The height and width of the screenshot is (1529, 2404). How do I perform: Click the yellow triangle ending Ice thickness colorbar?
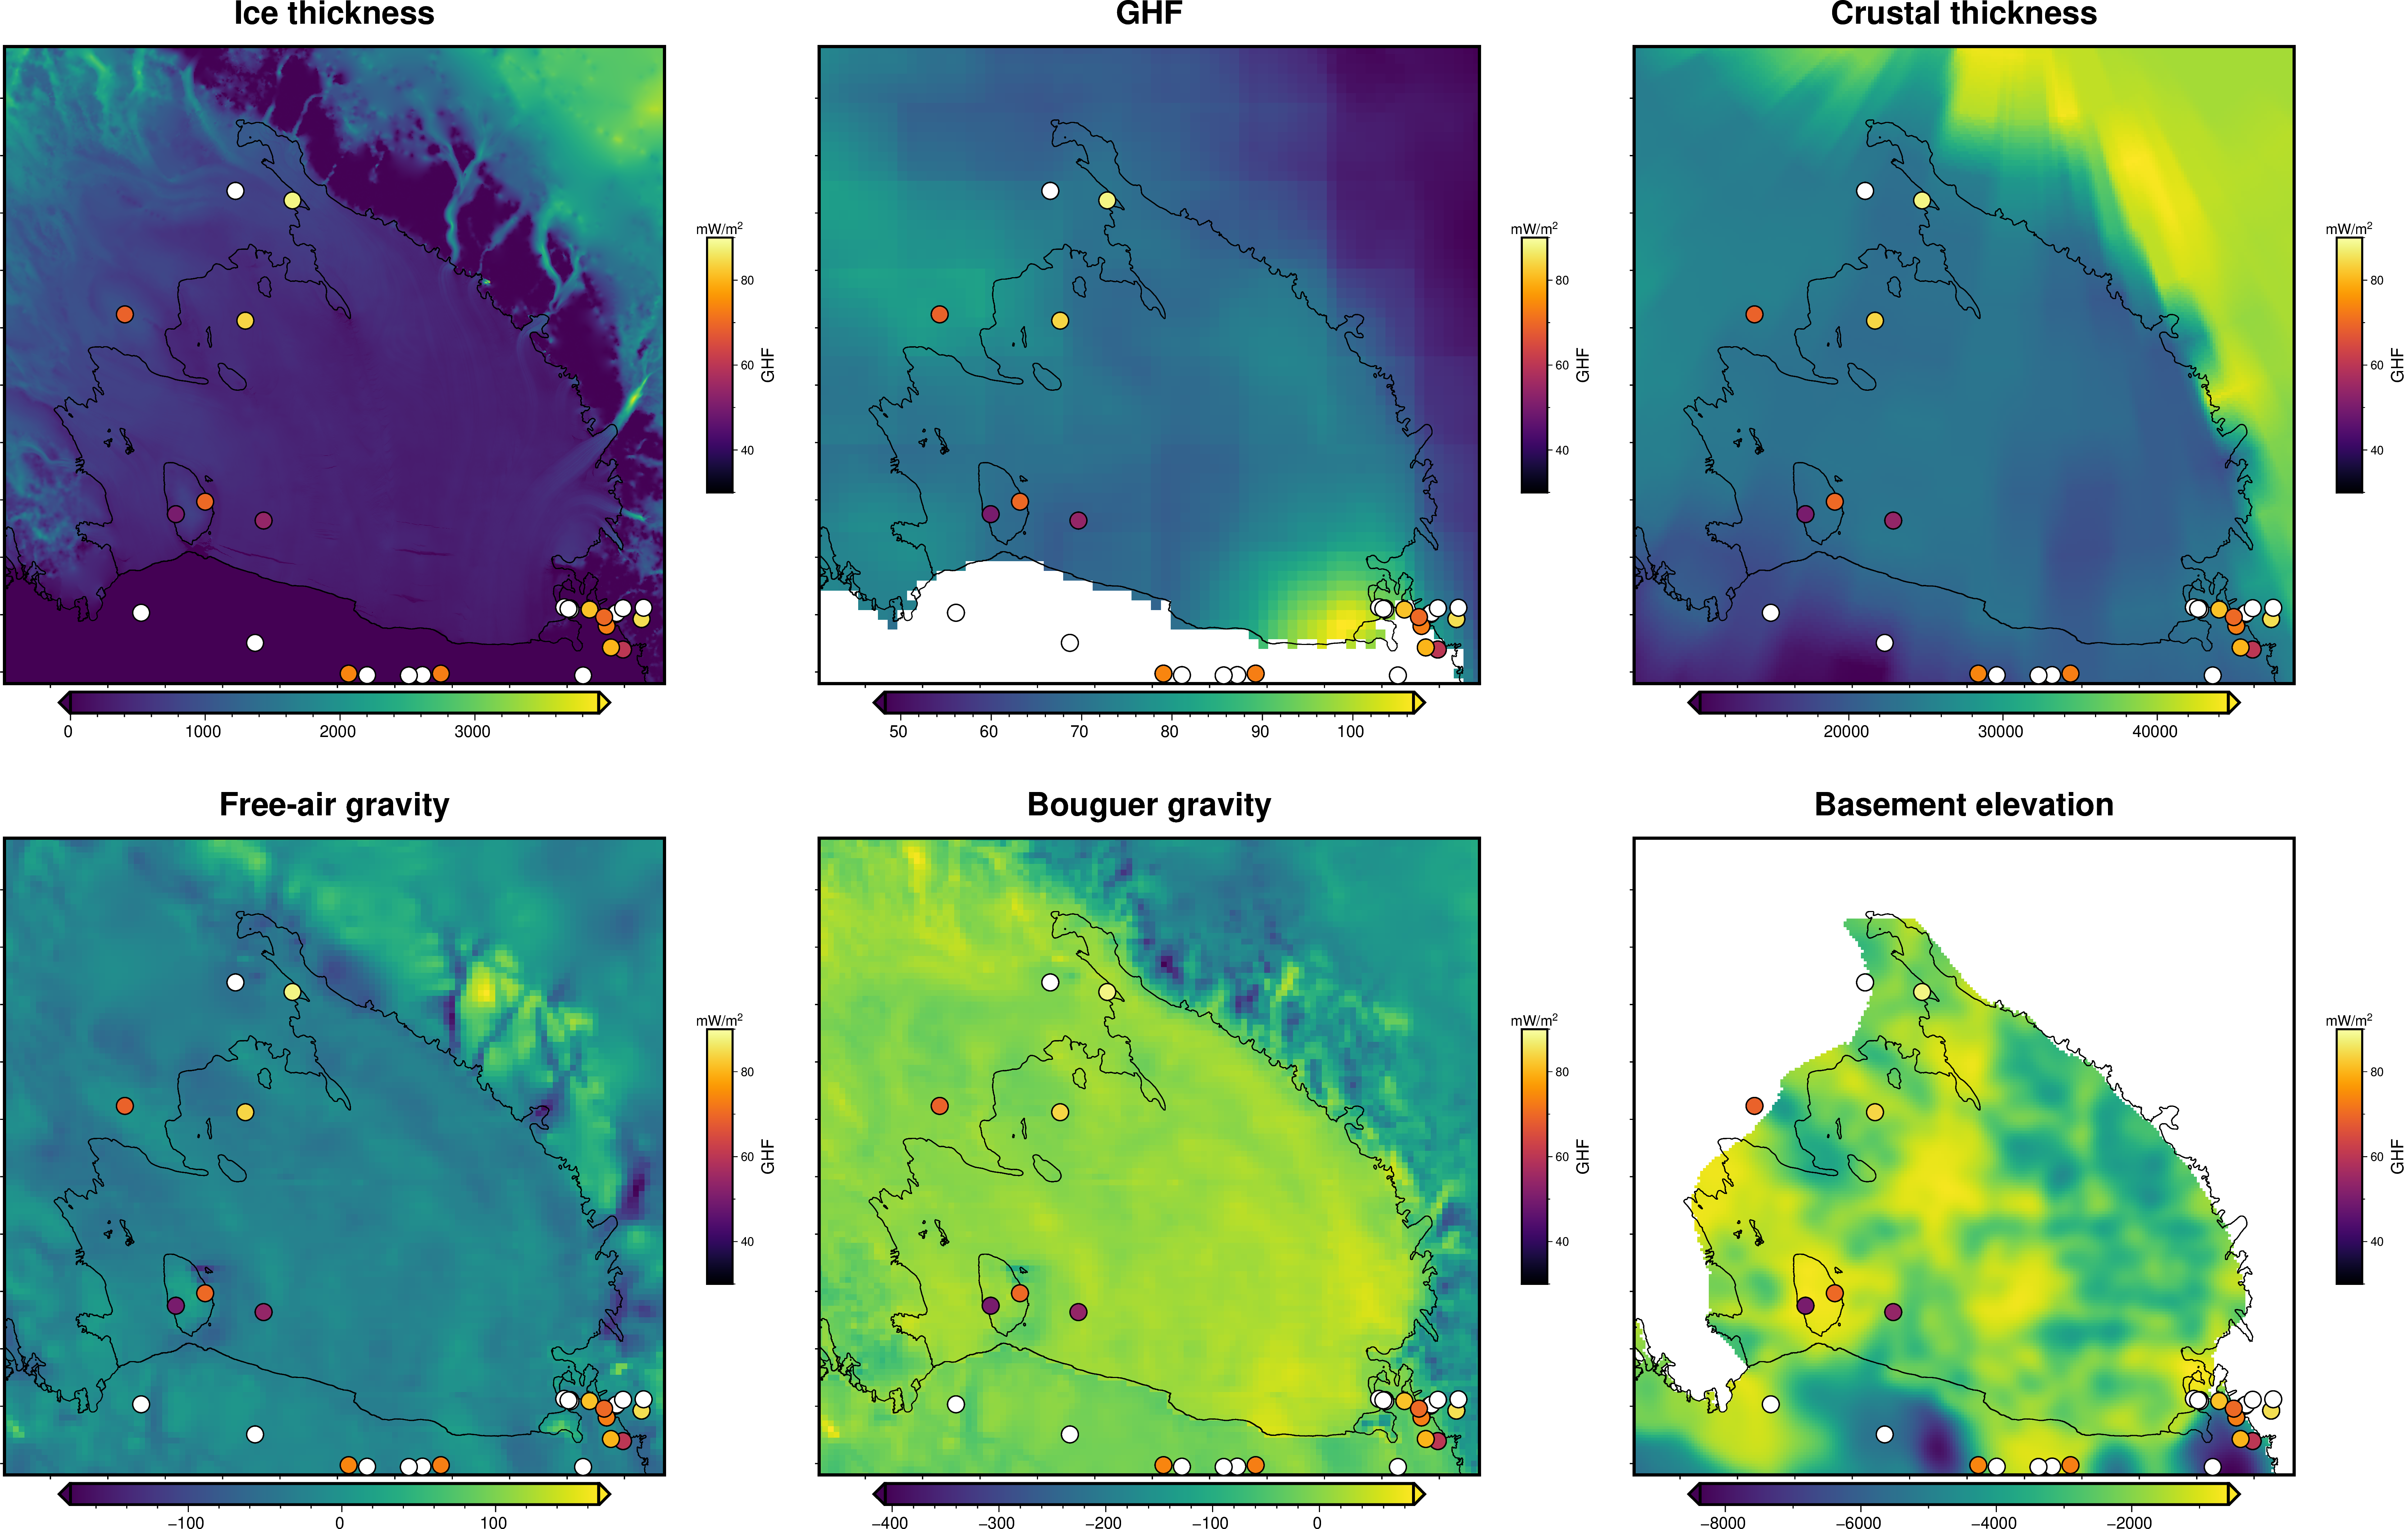tap(604, 702)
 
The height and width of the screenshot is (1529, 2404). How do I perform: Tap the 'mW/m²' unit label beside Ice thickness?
tap(719, 229)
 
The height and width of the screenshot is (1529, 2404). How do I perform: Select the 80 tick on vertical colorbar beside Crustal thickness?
tap(2376, 280)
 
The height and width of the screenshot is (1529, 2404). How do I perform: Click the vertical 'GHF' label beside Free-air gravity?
tap(768, 1156)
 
